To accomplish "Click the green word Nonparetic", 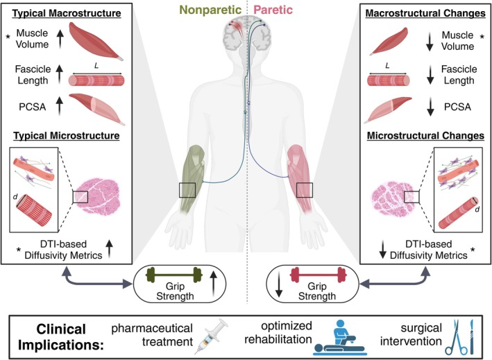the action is pos(210,10).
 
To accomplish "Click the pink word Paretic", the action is pos(273,10).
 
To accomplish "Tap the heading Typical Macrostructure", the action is pos(67,13).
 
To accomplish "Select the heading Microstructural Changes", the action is pos(426,136).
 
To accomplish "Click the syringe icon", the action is pos(210,336).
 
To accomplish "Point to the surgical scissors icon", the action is pos(453,336).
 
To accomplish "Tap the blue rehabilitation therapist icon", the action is pos(339,337).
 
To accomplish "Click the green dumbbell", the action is pos(173,275).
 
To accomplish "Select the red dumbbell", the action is pos(318,275).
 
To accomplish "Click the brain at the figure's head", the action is pos(246,35).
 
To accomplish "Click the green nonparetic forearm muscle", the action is pos(193,180).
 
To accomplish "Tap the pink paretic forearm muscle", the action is pos(300,180).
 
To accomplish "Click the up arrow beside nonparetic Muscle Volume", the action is pos(60,37).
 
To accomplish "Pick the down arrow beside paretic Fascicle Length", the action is pos(430,75).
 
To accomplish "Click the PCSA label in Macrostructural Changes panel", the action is pos(457,107).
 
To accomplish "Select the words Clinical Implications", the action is pos(61,337).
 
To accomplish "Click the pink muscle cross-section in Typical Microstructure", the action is pos(97,197).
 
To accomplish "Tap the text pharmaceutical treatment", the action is pos(152,335).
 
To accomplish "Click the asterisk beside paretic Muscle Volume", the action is pos(482,37).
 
